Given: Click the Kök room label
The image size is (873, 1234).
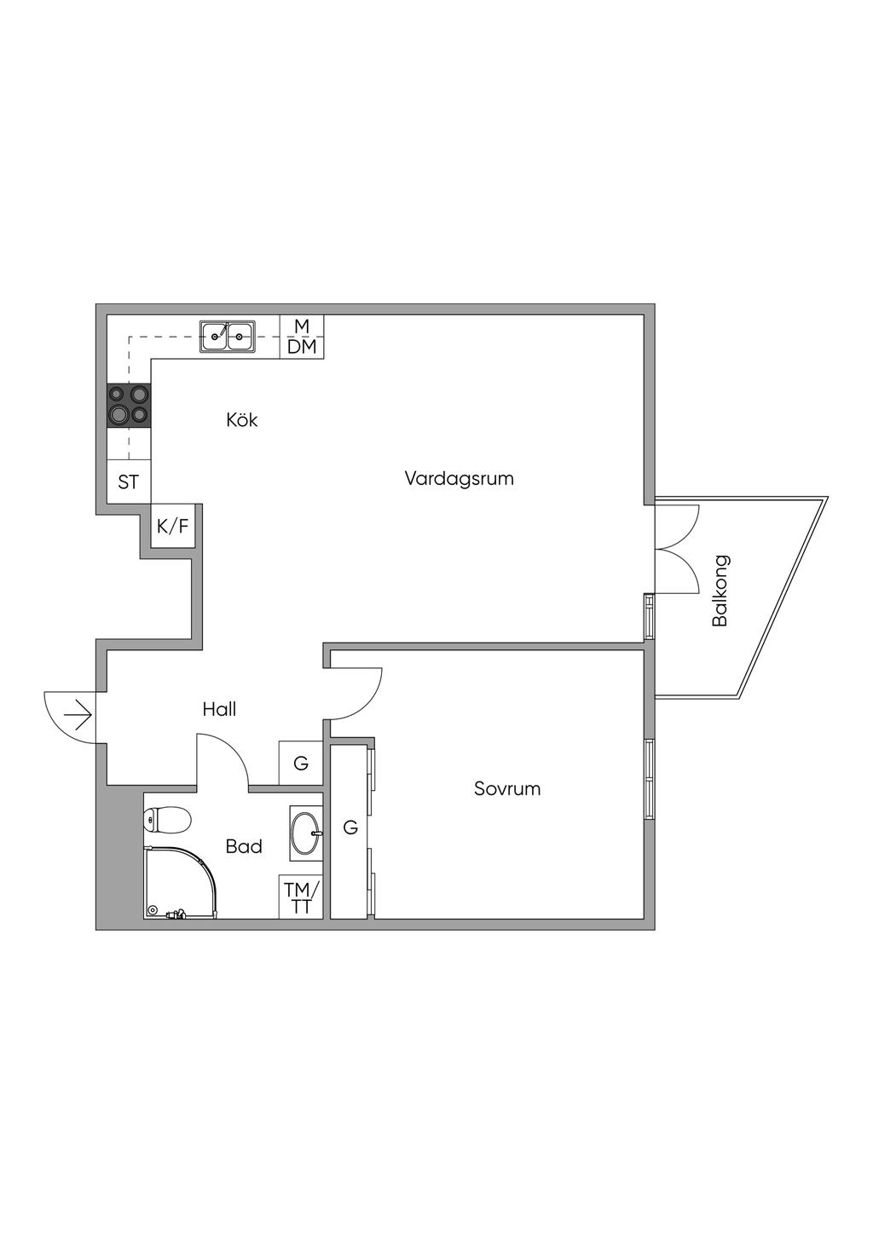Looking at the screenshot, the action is click(242, 420).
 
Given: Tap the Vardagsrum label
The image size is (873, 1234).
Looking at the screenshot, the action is click(460, 478).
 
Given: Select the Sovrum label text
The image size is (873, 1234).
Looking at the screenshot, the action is click(507, 789).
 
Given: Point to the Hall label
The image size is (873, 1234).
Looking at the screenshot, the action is click(219, 709).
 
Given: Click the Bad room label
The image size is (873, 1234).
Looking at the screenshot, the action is click(244, 847).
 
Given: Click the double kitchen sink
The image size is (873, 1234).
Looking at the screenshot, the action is click(227, 337).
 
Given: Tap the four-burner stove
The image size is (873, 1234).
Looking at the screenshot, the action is click(129, 406).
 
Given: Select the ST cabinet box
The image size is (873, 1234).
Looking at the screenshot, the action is click(129, 482).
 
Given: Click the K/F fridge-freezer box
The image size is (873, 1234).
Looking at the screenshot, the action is click(172, 527).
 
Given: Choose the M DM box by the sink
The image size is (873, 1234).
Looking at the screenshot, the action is click(302, 337).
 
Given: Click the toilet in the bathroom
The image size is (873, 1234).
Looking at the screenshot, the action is click(166, 821).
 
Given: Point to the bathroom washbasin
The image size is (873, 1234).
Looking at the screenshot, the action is click(306, 830).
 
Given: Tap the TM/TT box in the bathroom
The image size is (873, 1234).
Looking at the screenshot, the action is click(301, 897).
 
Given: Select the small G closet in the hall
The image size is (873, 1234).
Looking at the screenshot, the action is click(301, 764).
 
